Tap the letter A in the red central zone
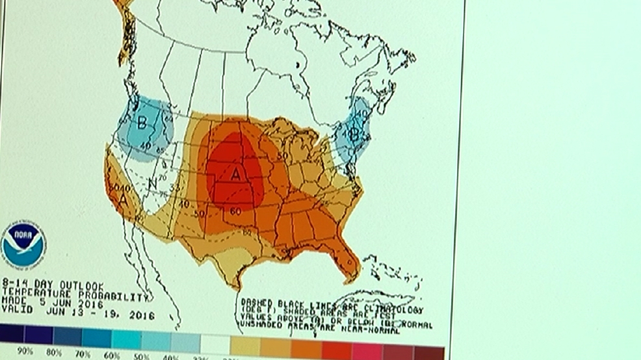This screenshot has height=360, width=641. (236, 174)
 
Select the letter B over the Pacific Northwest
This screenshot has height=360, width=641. (142, 122)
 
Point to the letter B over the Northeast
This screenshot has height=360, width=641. (355, 134)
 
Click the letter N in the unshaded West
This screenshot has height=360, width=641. (152, 183)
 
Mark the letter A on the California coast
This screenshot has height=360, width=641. (122, 200)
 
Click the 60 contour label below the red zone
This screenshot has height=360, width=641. (233, 211)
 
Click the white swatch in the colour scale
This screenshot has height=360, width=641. (214, 341)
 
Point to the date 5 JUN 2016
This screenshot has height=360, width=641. (66, 303)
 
